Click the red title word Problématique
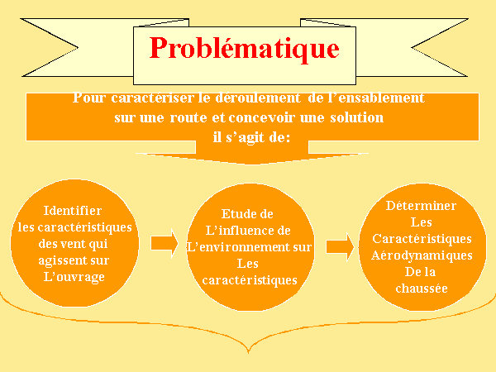tap(244, 49)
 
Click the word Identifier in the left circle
tap(73, 211)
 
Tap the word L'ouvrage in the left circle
tap(74, 277)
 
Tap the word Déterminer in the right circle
tap(421, 206)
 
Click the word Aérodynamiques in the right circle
tap(422, 256)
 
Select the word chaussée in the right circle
tap(422, 289)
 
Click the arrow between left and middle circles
tap(165, 243)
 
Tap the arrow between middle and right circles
tap(340, 247)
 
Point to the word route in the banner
tap(188, 117)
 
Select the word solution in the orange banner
tap(357, 117)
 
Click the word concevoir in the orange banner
tap(261, 117)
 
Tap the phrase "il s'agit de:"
tap(251, 137)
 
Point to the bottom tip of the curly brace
tap(249, 352)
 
